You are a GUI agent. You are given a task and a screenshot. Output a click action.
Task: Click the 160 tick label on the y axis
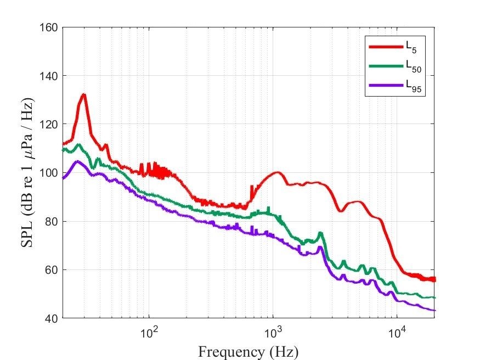click(50, 27)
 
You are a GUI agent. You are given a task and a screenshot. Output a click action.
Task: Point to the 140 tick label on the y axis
click(50, 76)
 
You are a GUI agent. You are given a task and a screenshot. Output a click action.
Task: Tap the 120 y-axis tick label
click(50, 125)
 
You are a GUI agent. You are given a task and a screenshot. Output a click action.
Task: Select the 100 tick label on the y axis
click(50, 173)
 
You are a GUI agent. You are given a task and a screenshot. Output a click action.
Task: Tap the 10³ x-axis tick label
click(273, 331)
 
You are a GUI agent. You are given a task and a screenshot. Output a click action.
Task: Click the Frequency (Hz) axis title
click(249, 351)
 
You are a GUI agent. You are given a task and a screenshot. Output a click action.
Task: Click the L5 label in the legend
click(411, 48)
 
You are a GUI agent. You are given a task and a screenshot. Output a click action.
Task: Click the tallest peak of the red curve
click(83, 94)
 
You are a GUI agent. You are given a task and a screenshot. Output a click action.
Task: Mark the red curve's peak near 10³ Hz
click(278, 172)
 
